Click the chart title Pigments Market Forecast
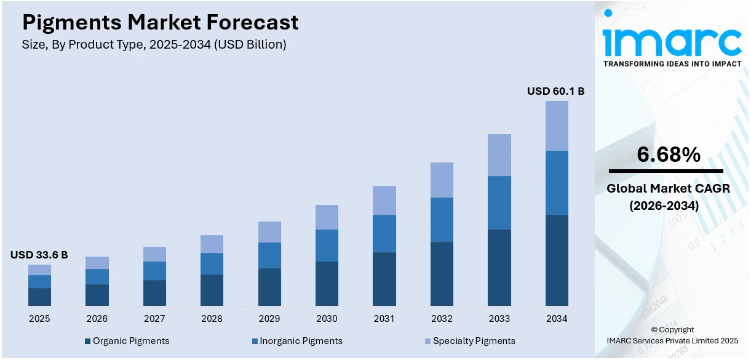(161, 22)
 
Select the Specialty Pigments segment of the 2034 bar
(557, 126)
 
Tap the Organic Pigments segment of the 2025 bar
(39, 297)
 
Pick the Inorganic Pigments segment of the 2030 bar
(327, 246)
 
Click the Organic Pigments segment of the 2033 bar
(499, 268)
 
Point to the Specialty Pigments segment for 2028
(212, 244)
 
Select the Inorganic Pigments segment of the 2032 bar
(442, 220)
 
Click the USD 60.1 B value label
(555, 91)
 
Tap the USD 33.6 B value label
(39, 255)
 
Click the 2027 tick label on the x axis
(154, 319)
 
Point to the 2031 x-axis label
(384, 319)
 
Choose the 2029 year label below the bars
(269, 319)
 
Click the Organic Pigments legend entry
(127, 341)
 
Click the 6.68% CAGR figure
(668, 155)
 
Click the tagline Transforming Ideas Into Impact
(672, 63)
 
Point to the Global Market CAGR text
(668, 189)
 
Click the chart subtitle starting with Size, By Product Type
(154, 44)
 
